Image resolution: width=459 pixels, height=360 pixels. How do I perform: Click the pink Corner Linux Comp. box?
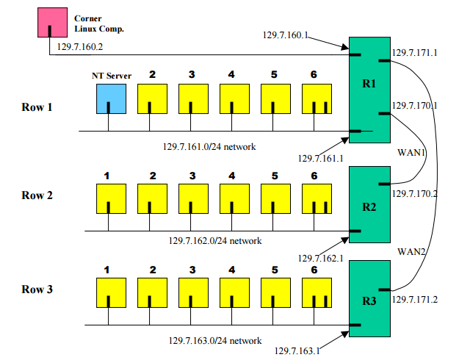51,22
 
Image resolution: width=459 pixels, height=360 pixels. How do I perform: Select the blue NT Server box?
109,98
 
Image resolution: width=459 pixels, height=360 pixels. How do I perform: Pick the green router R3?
369,300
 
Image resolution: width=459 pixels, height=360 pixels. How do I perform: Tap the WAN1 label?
411,153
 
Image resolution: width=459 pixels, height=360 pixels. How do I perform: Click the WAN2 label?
412,252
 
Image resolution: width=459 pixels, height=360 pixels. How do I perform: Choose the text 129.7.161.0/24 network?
209,146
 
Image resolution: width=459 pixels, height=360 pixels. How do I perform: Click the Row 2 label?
37,195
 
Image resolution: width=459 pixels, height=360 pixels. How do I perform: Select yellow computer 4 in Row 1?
232,98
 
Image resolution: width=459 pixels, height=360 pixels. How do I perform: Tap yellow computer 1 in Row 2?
109,198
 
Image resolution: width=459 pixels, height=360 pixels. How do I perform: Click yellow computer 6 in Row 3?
317,292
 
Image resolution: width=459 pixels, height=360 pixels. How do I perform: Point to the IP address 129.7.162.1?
322,258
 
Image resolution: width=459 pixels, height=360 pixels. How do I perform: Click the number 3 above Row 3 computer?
192,270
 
